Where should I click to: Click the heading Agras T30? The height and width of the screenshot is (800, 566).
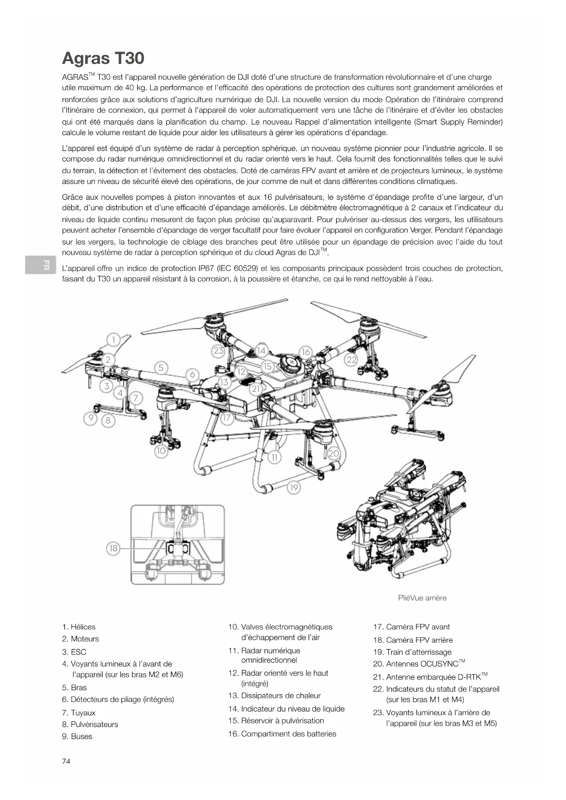click(x=103, y=58)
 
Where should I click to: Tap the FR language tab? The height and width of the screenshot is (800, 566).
click(x=41, y=265)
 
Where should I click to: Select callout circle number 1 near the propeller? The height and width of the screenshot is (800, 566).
click(x=114, y=340)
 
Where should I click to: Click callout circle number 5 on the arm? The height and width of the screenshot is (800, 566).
click(x=161, y=368)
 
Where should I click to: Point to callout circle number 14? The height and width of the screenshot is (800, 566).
click(x=261, y=351)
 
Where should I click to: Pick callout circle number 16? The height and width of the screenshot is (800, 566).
click(x=306, y=352)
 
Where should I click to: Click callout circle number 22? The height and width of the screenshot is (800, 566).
click(x=351, y=359)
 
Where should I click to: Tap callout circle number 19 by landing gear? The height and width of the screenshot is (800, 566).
click(x=294, y=488)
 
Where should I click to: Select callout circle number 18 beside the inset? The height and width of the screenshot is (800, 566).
click(x=113, y=548)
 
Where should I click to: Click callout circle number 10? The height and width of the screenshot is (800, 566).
click(x=161, y=451)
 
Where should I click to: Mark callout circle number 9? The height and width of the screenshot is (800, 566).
click(x=91, y=418)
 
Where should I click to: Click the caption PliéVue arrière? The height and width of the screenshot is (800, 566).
click(x=422, y=598)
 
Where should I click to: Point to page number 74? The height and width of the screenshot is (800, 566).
click(x=66, y=761)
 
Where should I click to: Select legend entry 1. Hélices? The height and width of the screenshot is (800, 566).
click(x=79, y=627)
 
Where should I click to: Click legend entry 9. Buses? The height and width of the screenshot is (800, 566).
click(x=77, y=736)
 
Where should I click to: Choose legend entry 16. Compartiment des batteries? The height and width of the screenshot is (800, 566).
click(x=282, y=734)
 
